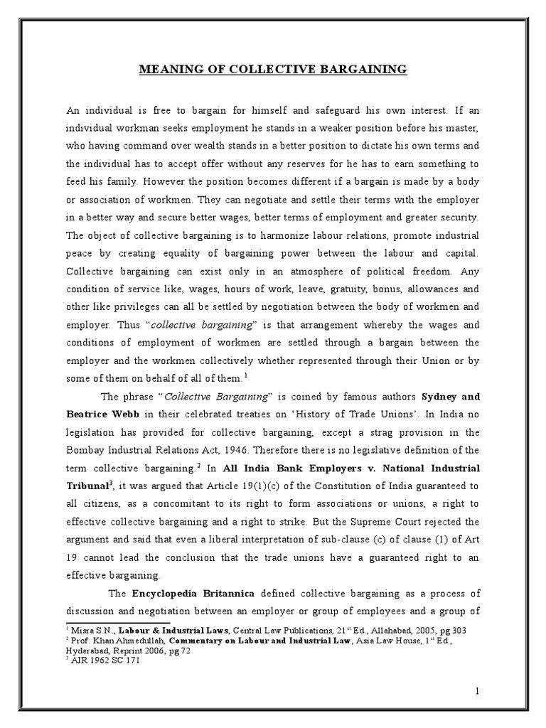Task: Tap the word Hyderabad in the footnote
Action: (x=91, y=650)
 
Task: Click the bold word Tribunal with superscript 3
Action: (x=87, y=486)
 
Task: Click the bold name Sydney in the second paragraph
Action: (x=440, y=396)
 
